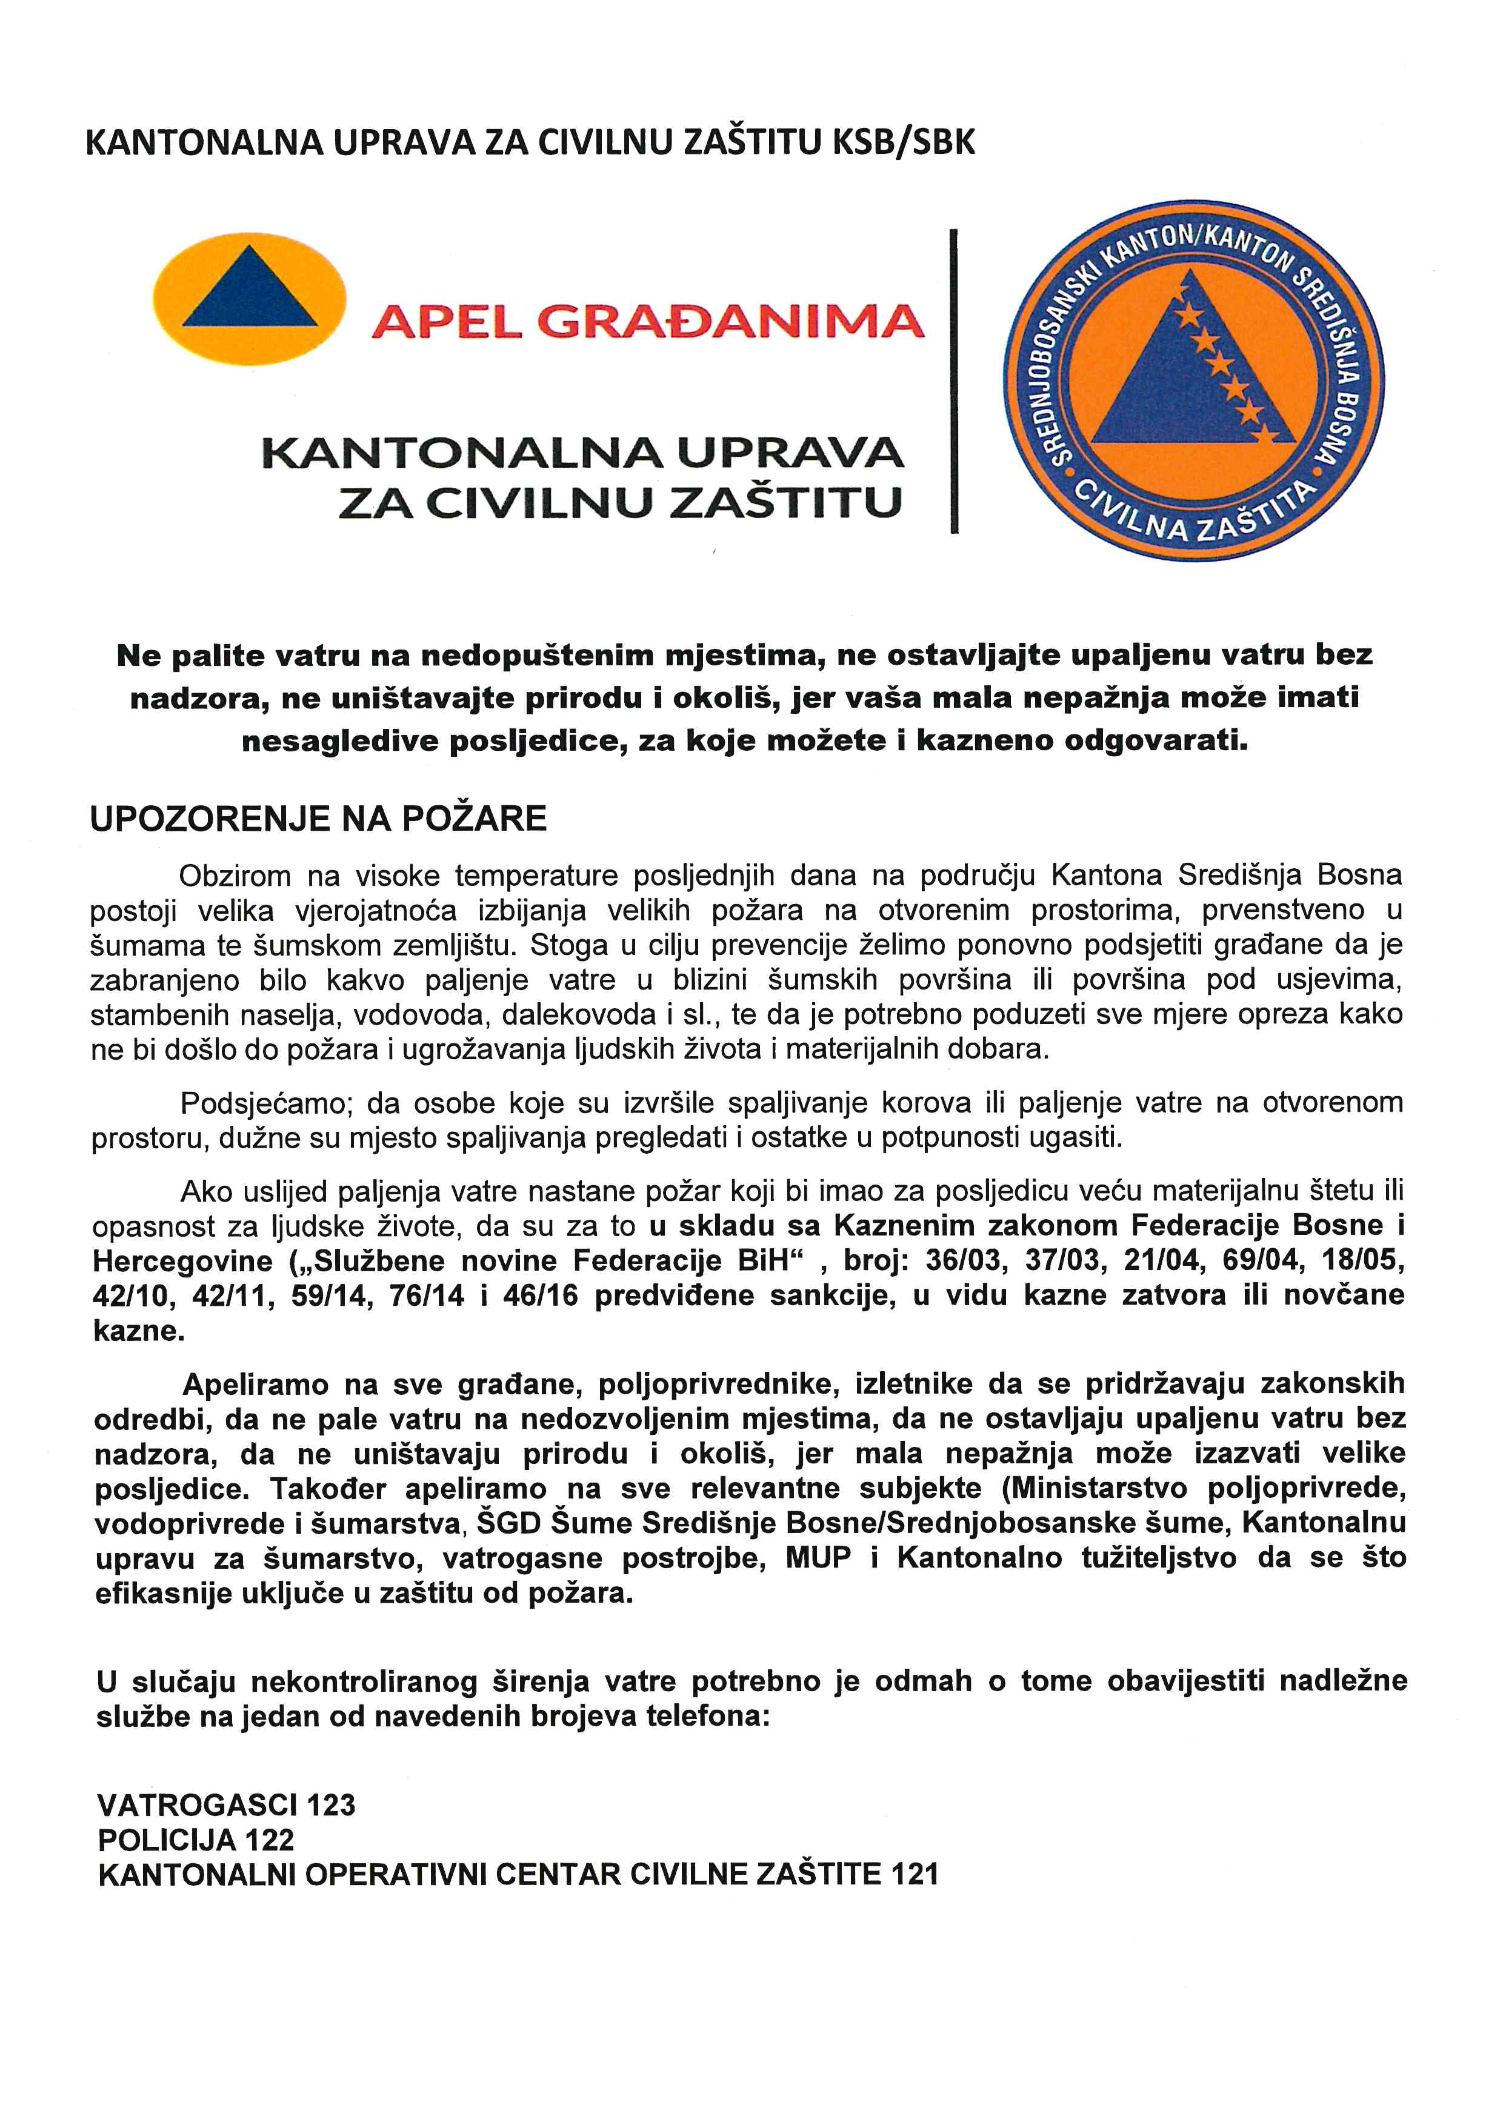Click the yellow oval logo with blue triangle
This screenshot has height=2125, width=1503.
click(x=249, y=298)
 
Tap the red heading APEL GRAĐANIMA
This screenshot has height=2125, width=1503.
click(x=648, y=321)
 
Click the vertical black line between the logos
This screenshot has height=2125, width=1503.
click(x=953, y=381)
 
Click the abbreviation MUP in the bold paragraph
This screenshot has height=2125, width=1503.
click(x=818, y=1558)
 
